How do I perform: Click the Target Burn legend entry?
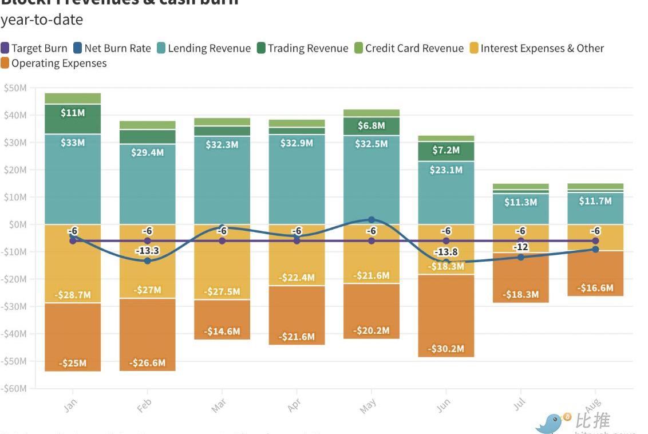click(34, 49)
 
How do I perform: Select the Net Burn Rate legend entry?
click(112, 49)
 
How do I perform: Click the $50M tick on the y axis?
click(15, 88)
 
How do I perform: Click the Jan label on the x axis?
click(70, 405)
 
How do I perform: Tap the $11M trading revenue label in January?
click(73, 113)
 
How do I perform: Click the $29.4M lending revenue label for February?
click(148, 152)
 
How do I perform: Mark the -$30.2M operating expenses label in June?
click(447, 349)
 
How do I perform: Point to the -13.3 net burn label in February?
click(147, 251)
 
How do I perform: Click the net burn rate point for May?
click(372, 220)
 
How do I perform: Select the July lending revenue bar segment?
click(520, 210)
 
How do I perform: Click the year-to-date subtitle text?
click(42, 20)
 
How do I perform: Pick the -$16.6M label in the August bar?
click(595, 288)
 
